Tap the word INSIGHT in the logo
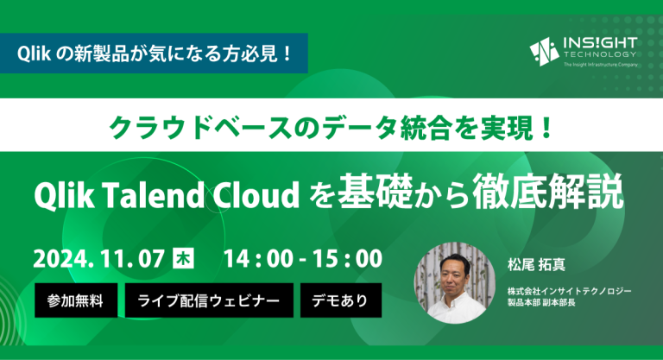tap(600, 43)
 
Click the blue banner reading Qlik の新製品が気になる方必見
tap(154, 54)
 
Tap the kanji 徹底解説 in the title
tap(548, 192)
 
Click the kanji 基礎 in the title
tap(375, 192)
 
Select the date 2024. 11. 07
tap(99, 258)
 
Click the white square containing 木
tap(184, 258)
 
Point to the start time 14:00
tap(258, 258)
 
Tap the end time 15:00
tap(348, 258)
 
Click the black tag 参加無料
tap(76, 300)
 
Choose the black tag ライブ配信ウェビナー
tap(209, 300)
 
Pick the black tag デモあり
tap(341, 300)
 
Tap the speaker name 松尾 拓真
tap(536, 265)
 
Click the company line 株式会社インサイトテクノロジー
tap(570, 291)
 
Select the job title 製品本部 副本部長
tap(541, 302)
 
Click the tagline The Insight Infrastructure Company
tap(601, 65)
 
